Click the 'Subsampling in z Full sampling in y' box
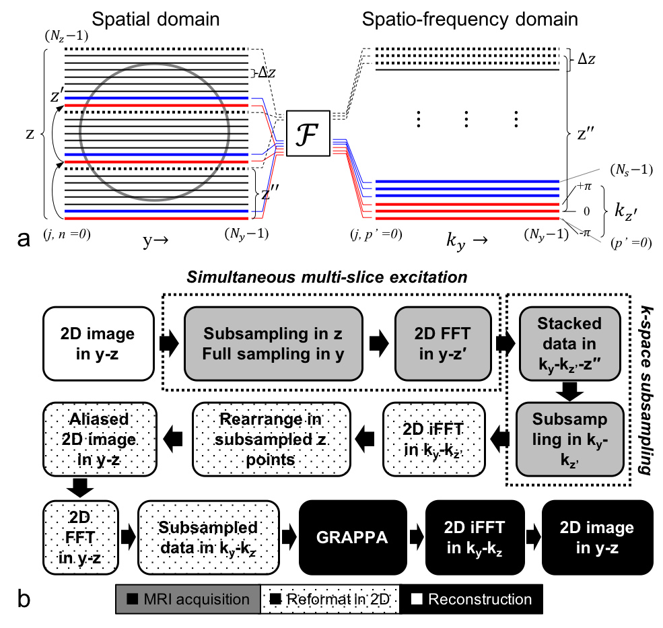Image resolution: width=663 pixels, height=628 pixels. pos(273,343)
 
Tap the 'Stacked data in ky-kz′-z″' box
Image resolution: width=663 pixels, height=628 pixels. pos(569,343)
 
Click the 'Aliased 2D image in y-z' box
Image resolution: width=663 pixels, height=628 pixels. pos(99,440)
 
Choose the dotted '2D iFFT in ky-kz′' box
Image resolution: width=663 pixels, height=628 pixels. pos(433,440)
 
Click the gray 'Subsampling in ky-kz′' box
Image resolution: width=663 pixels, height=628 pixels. pos(569,438)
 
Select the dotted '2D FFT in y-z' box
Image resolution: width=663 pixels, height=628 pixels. pos(80,537)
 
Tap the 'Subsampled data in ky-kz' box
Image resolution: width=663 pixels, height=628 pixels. pos(208,537)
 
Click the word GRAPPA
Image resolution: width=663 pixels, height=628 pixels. pos(352,538)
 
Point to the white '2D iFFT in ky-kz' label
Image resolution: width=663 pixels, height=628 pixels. pos(475,538)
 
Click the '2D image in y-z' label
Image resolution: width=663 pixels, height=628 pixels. pos(596,538)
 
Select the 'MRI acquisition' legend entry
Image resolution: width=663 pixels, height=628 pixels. pos(188,599)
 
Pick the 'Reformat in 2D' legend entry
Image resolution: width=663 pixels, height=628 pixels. pos(330,599)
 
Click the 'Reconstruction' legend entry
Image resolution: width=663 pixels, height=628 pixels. pos(479,599)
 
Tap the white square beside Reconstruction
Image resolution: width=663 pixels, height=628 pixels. pos(417,599)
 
